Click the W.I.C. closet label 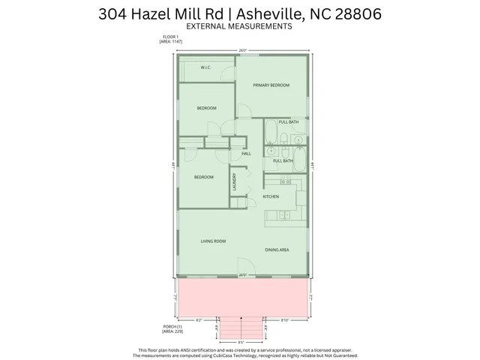point(205,68)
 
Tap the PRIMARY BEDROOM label point(271,85)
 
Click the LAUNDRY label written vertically point(235,182)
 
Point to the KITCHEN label point(271,196)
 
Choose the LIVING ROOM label point(213,241)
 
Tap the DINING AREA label point(277,249)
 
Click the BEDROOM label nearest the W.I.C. point(206,108)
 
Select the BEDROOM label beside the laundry point(204,177)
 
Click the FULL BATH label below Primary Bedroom point(289,121)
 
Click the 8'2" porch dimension point(199,319)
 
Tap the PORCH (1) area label point(172,328)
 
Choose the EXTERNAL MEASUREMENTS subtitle point(238,26)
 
